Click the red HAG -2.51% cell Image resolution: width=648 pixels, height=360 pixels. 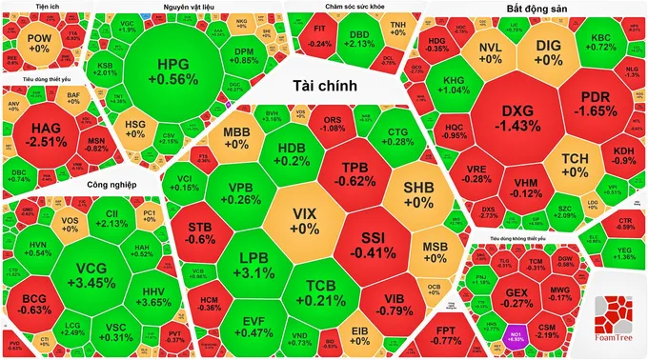[45, 135]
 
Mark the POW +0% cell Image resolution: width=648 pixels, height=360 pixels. [39, 43]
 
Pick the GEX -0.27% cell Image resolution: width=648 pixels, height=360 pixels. [516, 297]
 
